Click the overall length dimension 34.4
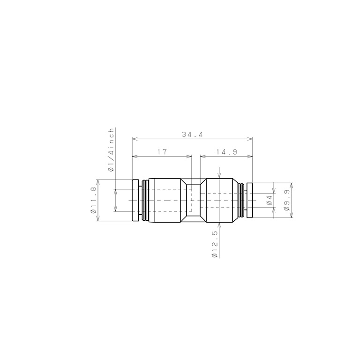point(192,135)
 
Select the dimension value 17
point(162,152)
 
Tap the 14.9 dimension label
point(226,152)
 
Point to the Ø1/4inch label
point(112,150)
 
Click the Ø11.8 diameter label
point(94,201)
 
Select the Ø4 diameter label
point(270,201)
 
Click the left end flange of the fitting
point(135,201)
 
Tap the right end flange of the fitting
point(249,201)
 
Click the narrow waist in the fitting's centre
point(192,201)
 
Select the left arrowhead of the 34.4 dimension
point(134,139)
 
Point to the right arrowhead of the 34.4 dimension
point(251,139)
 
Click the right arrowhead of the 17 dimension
point(190,156)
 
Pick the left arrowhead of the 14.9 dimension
point(202,156)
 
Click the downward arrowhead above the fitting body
point(219,176)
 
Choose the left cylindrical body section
point(164,201)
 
